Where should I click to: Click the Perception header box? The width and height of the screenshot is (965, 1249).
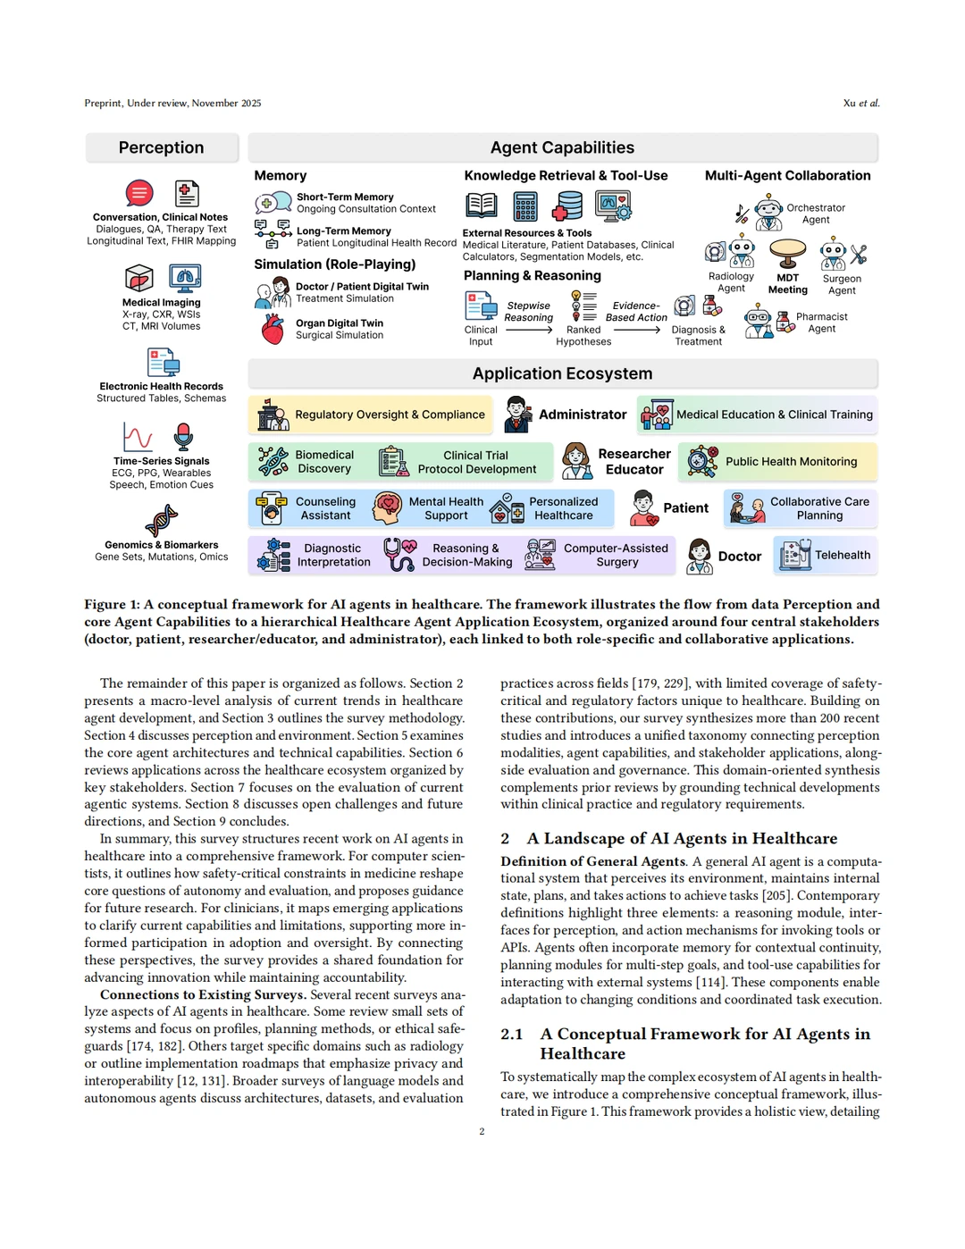tap(162, 147)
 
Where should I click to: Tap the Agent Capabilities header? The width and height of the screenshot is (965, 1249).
tap(562, 147)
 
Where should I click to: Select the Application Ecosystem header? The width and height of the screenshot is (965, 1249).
tap(562, 373)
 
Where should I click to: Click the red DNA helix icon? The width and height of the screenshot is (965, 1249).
tap(162, 521)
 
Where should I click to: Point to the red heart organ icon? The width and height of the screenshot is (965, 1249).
tap(273, 329)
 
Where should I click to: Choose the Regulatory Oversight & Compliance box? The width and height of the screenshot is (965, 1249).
tap(371, 415)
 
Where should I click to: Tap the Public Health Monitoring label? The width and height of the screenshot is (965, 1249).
tap(791, 462)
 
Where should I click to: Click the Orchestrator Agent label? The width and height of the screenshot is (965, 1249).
tap(815, 214)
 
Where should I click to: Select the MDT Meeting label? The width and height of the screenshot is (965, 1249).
tap(787, 283)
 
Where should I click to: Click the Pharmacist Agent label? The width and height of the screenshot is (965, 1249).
tap(821, 323)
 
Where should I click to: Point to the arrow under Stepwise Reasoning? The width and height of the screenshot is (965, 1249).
tap(529, 330)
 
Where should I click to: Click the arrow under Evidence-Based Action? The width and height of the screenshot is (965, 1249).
tap(636, 330)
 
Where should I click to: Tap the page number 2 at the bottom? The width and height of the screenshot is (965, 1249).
tap(482, 1131)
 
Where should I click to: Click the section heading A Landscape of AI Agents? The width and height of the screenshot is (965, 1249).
tap(682, 838)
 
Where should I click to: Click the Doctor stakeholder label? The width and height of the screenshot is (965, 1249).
tap(740, 556)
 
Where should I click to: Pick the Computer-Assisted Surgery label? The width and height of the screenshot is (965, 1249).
tap(616, 555)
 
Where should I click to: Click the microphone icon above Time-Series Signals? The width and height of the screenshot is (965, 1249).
tap(183, 436)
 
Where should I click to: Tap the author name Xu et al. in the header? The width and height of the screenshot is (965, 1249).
tap(861, 103)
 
